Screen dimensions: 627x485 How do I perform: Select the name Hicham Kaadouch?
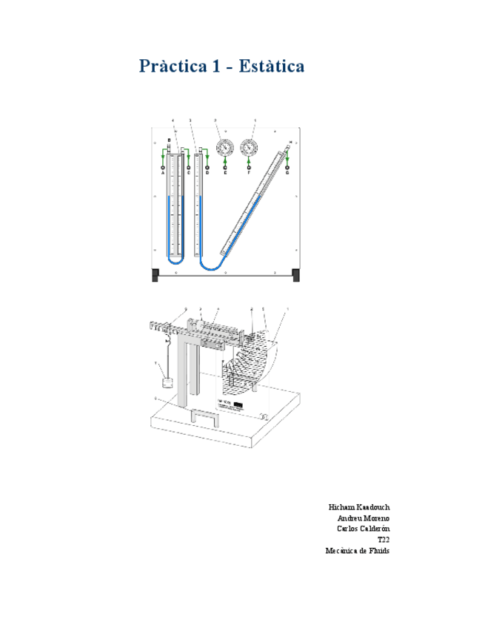[x=359, y=506]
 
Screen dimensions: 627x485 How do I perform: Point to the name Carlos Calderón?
[x=364, y=529]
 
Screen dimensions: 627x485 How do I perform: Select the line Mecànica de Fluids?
[x=358, y=551]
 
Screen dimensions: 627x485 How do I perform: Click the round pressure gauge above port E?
[x=224, y=147]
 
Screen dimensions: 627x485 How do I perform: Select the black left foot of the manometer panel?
[x=155, y=276]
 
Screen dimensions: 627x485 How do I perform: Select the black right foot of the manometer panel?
[x=296, y=276]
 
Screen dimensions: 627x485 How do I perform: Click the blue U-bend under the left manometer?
[x=175, y=260]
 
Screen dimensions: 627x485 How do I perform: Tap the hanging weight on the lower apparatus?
[x=167, y=384]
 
